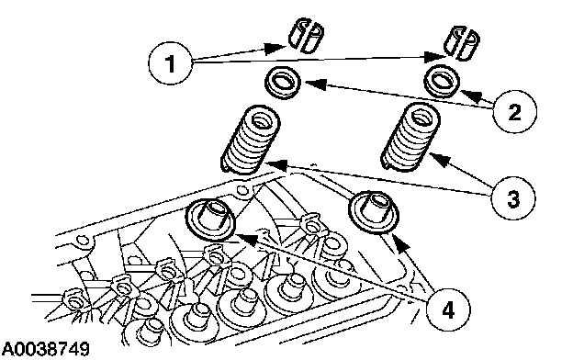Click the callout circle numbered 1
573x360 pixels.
click(x=170, y=63)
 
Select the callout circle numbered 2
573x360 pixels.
click(x=514, y=111)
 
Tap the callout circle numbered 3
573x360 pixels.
click(x=513, y=199)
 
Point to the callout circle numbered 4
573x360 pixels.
click(x=448, y=310)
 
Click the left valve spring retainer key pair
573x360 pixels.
click(x=306, y=36)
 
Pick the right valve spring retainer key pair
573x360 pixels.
click(x=462, y=42)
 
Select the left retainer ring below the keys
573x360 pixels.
click(x=283, y=83)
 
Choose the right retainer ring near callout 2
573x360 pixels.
click(x=442, y=81)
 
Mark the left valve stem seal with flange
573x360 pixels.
click(x=210, y=219)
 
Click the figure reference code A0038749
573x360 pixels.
click(x=45, y=349)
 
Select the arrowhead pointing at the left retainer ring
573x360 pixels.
click(x=311, y=84)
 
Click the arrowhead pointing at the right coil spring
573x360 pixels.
click(x=439, y=160)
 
